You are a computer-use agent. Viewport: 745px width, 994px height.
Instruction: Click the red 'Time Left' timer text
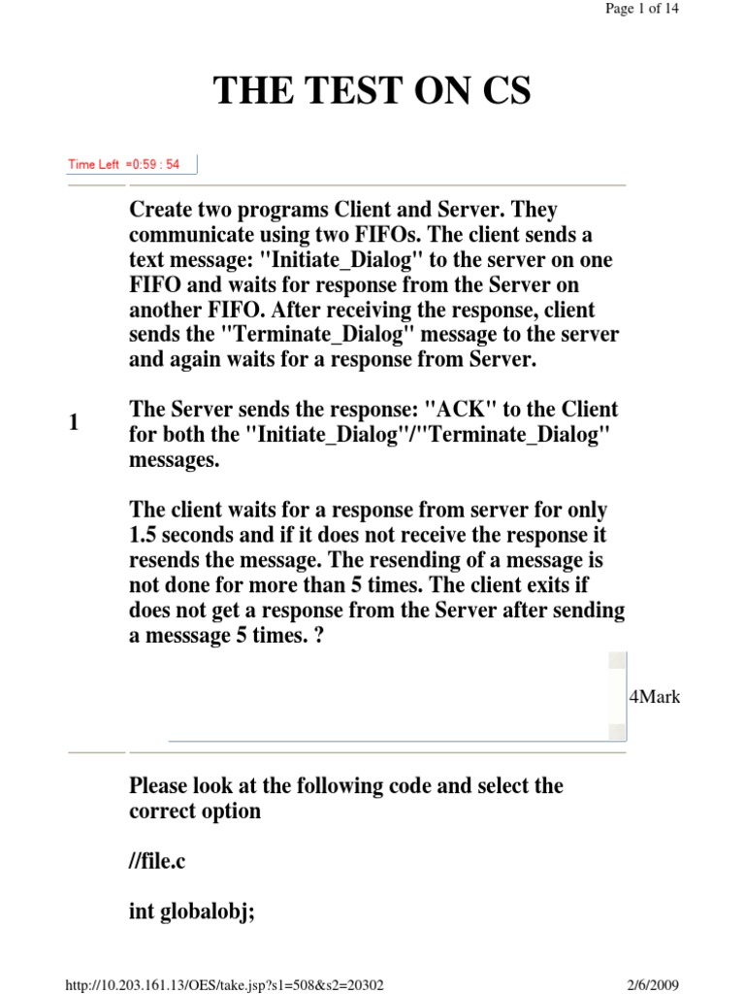tap(123, 164)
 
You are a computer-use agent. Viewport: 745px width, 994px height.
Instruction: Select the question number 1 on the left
tap(74, 423)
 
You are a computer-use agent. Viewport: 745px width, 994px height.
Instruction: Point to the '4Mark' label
tap(656, 697)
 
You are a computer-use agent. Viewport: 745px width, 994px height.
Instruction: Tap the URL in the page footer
tap(225, 984)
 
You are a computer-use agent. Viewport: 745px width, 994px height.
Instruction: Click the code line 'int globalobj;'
tap(192, 912)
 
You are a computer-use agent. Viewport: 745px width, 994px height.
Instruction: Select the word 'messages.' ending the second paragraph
tap(176, 460)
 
